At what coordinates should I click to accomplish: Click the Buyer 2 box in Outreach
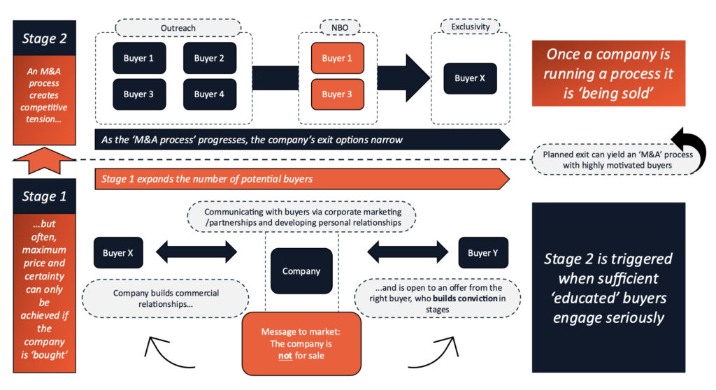(210, 58)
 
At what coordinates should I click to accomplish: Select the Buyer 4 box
(210, 94)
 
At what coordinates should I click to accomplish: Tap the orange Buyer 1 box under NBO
(337, 58)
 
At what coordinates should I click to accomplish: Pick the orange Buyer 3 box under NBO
(337, 94)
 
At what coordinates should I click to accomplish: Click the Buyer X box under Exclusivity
(470, 78)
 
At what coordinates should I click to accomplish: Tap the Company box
(301, 271)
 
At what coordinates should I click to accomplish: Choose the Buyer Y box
(483, 253)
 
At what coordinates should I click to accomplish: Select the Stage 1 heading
(44, 196)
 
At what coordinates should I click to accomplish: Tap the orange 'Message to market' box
(301, 343)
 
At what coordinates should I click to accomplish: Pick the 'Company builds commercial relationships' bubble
(166, 299)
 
